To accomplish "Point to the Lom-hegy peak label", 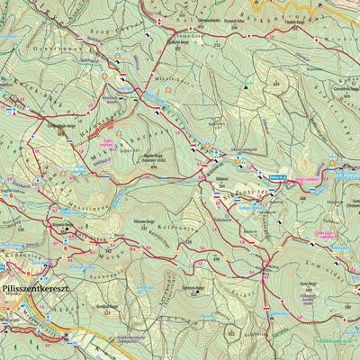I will point(307,282).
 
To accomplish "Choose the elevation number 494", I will point(154,168).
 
